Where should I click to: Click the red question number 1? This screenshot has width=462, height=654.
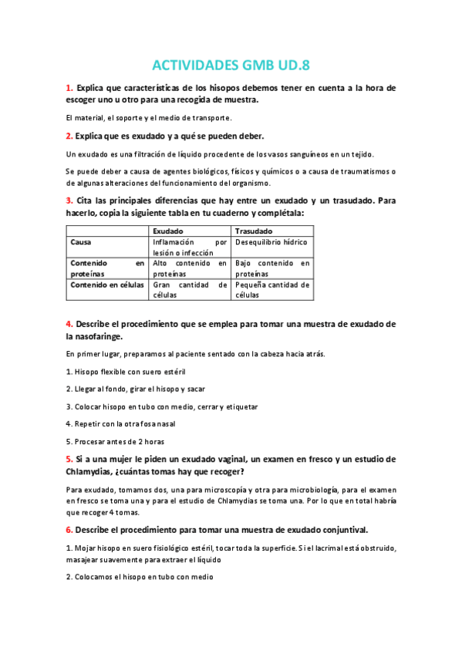click(x=69, y=88)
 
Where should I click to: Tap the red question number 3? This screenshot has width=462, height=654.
click(x=69, y=201)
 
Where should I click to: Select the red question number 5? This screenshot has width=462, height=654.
click(x=69, y=459)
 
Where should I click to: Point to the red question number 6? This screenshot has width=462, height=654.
click(x=69, y=529)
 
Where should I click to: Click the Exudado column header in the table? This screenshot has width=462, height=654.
click(x=167, y=231)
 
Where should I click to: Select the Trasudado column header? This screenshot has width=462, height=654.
click(x=253, y=231)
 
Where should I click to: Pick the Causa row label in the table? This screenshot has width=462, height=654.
click(x=81, y=242)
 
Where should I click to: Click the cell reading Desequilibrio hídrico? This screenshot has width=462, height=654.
click(x=271, y=242)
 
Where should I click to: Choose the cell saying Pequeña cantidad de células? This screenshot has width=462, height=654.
click(x=272, y=289)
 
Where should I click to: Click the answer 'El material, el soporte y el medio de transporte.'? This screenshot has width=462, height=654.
click(x=149, y=117)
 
